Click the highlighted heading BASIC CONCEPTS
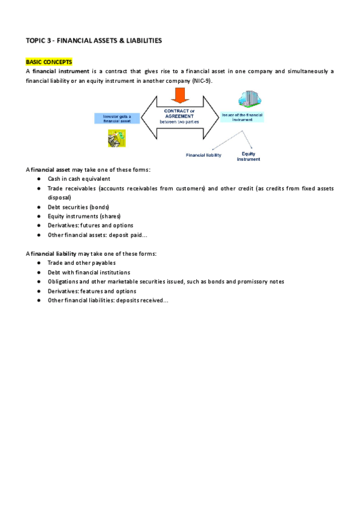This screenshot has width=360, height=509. (x=49, y=62)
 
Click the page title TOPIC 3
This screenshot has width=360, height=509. (x=94, y=40)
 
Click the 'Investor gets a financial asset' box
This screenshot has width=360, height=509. (x=116, y=118)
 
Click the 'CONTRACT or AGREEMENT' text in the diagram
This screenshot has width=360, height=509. (x=179, y=113)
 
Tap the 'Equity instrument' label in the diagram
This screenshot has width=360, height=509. (x=248, y=156)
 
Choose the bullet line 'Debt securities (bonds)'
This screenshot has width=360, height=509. (x=78, y=206)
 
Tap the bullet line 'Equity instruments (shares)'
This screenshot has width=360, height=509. (x=84, y=216)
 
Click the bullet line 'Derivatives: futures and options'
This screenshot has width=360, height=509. (x=90, y=225)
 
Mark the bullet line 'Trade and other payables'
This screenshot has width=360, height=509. (x=82, y=263)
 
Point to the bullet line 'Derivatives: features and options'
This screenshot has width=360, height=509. (x=92, y=291)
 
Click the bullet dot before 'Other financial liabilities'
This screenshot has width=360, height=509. (x=38, y=300)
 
